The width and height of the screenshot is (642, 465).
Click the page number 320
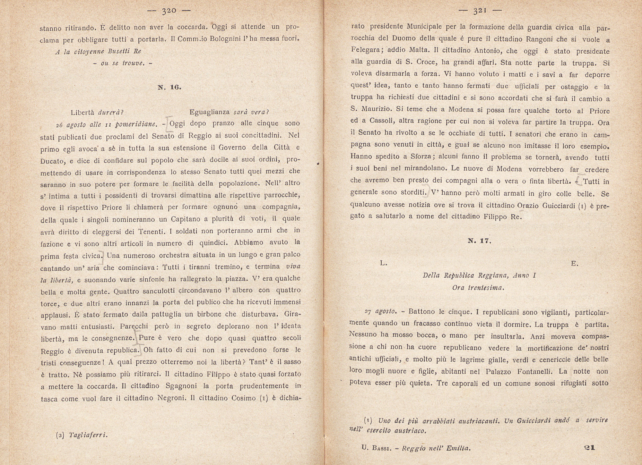pyautogui.click(x=169, y=11)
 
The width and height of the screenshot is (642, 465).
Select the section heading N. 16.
pyautogui.click(x=169, y=87)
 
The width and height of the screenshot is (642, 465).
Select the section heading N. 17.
pyautogui.click(x=480, y=241)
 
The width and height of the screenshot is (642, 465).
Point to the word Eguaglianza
pyautogui.click(x=210, y=112)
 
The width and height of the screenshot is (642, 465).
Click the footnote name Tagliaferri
pyautogui.click(x=88, y=435)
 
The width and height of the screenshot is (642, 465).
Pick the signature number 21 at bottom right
pyautogui.click(x=589, y=447)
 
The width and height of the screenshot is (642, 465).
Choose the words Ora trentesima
pyautogui.click(x=478, y=288)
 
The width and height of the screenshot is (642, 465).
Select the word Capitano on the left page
pyautogui.click(x=189, y=219)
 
